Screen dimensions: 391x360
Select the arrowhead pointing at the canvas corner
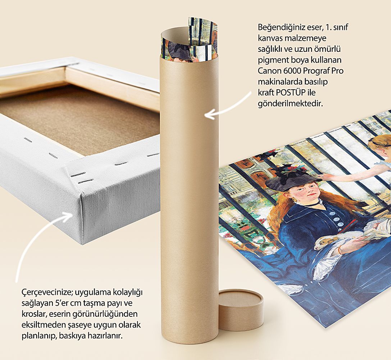68,217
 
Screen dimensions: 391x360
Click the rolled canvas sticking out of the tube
190,40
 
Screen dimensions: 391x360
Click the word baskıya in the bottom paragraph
72,336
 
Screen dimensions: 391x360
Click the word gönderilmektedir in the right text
290,103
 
